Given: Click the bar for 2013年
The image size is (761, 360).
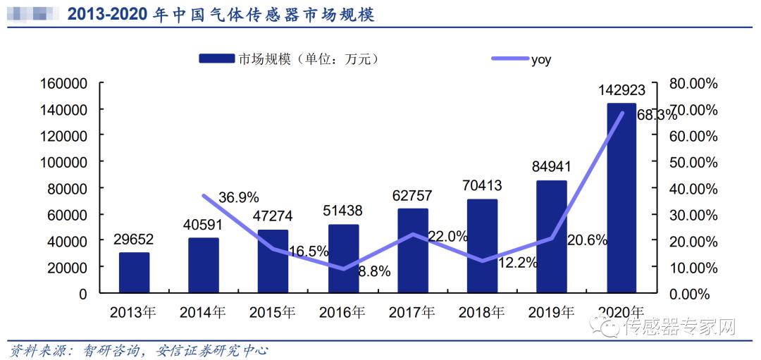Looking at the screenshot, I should [134, 272].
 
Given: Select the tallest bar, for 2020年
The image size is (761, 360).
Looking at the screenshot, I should [621, 197].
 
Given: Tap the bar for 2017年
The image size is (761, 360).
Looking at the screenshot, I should [412, 250].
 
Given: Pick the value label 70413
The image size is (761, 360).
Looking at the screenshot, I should [482, 186].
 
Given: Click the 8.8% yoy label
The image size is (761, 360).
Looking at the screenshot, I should [374, 271].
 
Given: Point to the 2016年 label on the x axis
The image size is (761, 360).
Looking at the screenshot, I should [342, 311].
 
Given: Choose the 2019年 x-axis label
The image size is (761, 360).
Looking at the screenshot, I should [550, 311].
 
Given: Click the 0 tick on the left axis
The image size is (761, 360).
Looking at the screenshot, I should [82, 294].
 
